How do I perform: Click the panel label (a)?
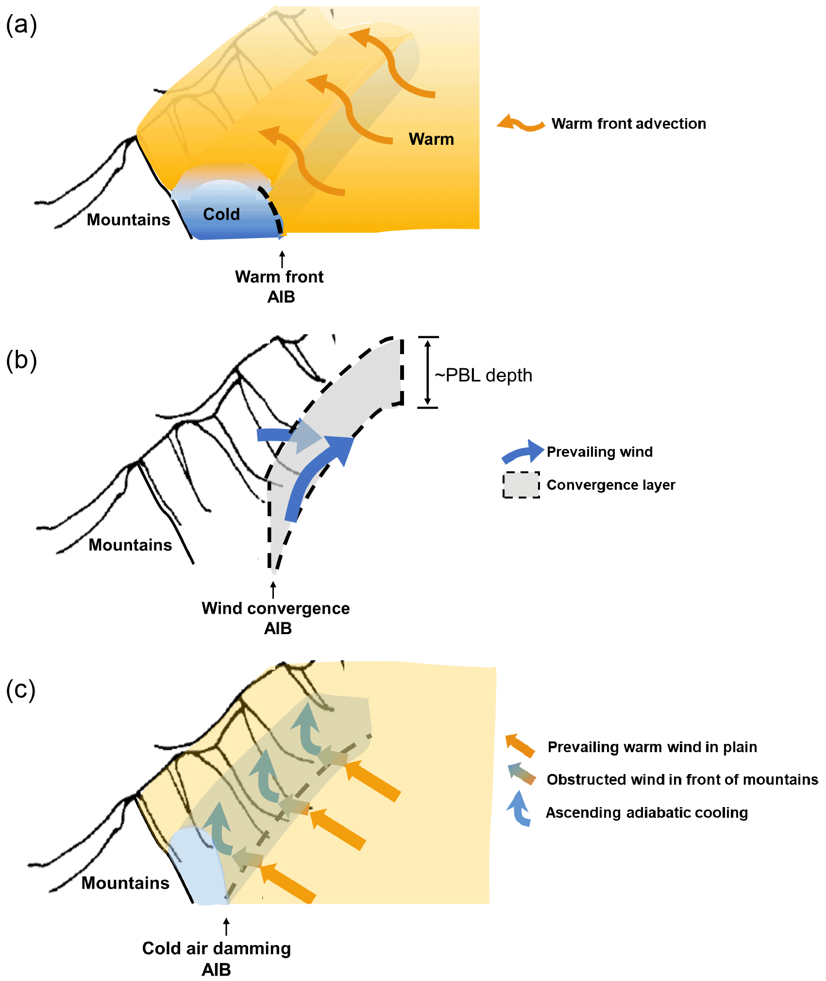21,25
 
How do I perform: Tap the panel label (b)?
21,361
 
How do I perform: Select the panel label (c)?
21,690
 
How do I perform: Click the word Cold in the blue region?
221,214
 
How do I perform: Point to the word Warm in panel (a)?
431,139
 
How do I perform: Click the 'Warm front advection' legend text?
628,124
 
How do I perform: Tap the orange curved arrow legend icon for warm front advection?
521,123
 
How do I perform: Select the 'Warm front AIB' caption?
280,286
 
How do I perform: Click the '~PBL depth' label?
483,376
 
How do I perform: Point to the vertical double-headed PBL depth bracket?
427,372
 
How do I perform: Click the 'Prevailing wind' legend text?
599,452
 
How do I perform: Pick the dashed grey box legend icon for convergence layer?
521,485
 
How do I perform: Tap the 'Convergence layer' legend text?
611,485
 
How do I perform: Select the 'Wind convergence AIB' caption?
276,618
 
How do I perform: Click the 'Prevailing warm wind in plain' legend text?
652,747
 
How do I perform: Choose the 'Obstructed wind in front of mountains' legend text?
682,779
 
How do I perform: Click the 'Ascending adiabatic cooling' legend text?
647,812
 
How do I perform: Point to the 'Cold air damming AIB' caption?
217,958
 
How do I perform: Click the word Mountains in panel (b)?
130,545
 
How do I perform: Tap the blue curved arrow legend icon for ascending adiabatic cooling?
519,809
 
